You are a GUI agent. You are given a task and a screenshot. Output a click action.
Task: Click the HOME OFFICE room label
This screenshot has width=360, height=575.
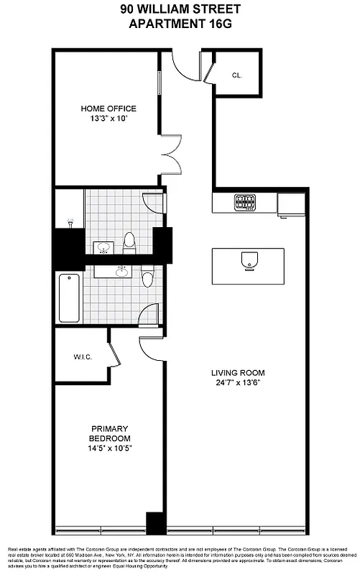coord(108,109)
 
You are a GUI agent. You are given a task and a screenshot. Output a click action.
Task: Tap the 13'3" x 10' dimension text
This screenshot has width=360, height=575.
coord(108,119)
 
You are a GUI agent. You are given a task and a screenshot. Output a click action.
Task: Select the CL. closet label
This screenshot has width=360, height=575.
coord(238,75)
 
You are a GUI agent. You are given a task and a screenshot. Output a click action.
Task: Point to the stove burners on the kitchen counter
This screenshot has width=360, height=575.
coord(245,202)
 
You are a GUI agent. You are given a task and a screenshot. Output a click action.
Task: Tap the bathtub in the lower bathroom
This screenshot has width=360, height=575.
coord(69,298)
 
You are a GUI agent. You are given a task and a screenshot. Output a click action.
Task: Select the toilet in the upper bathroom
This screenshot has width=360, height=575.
coord(129,242)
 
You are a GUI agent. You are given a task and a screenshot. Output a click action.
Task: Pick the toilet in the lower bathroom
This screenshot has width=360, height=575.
coord(147,276)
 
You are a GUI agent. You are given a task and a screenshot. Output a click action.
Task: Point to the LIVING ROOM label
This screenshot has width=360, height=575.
coord(238,373)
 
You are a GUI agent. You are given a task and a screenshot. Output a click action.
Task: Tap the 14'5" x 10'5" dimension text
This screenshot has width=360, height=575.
coord(109,448)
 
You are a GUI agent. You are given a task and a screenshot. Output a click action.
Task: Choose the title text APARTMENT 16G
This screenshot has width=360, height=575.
coord(180,24)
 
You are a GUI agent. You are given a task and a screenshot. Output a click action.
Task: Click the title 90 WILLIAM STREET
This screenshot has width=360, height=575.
coord(180,9)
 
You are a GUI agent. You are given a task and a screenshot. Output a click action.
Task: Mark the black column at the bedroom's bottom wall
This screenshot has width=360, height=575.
coord(155,523)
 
